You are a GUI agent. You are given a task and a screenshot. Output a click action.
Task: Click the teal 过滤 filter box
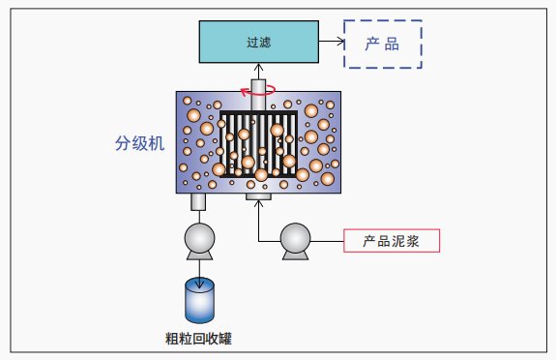[257, 42]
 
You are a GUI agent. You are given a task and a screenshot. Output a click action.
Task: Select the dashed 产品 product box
[384, 44]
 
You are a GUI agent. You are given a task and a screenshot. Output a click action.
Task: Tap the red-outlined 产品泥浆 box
[392, 239]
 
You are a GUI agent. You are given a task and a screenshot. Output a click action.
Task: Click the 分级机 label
[139, 143]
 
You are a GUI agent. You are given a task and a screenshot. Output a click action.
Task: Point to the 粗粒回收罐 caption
[200, 338]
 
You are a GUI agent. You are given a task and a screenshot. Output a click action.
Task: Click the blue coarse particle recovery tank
[200, 300]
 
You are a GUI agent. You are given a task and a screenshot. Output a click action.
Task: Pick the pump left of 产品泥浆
[295, 239]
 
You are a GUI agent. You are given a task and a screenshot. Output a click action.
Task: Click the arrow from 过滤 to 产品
[330, 43]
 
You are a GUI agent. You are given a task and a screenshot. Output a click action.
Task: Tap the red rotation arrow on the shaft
[258, 91]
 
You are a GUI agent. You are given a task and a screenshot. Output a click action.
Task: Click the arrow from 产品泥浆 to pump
[329, 239]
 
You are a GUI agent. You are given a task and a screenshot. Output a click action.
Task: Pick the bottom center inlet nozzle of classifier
[258, 197]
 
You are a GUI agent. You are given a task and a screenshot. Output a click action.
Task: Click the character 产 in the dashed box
[371, 44]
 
